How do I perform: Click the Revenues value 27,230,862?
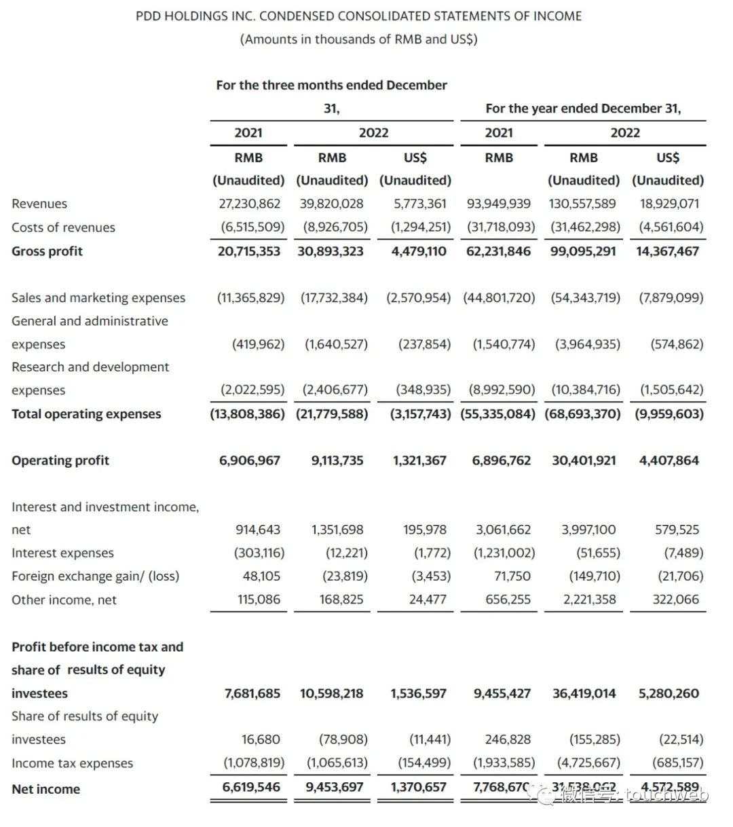pos(249,204)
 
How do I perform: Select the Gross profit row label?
pos(47,251)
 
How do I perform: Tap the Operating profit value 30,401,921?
pos(584,460)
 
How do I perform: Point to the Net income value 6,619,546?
pos(251,788)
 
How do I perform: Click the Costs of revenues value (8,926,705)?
pos(335,227)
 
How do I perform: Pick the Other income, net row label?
pos(64,600)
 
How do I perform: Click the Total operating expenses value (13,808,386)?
pos(247,413)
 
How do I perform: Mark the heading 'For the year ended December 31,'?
pos(583,109)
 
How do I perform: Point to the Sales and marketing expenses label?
pos(98,298)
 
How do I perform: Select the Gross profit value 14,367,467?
pos(667,251)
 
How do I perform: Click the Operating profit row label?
pos(60,460)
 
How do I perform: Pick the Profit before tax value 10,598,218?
pos(331,693)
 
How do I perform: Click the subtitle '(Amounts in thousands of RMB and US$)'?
pos(359,39)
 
